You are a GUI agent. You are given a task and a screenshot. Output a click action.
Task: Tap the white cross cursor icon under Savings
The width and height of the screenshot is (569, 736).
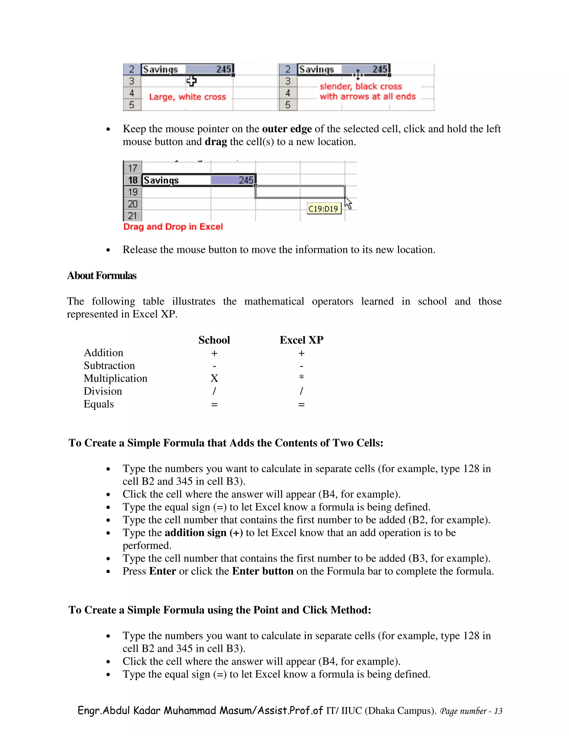[x=191, y=81]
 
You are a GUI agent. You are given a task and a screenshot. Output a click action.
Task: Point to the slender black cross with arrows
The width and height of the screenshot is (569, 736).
[x=358, y=74]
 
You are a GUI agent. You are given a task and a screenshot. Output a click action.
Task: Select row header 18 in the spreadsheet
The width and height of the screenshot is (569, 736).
[x=133, y=180]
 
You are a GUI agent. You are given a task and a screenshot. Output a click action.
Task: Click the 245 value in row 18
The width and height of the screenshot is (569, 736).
[x=245, y=180]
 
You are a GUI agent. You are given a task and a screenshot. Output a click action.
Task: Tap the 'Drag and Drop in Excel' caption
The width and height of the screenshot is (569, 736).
[x=173, y=227]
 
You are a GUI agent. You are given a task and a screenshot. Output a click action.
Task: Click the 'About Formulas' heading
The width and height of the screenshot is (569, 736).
[x=101, y=276]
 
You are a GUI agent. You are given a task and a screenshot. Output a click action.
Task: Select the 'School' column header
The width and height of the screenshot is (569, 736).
[x=214, y=340]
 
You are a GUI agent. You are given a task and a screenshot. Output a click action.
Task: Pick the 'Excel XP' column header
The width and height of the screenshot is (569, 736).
[x=301, y=340]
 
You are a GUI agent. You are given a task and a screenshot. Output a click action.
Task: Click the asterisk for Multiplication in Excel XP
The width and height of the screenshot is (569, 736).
[x=301, y=377]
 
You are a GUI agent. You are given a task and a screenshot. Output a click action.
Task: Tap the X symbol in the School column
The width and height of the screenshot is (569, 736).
[x=214, y=379]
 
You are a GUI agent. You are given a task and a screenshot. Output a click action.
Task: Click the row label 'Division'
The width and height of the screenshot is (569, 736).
[x=103, y=391]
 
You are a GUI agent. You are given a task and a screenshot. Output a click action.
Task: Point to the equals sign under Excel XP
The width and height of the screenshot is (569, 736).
[x=301, y=404]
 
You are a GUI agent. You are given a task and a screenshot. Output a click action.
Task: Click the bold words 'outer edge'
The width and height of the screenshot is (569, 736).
[x=287, y=129]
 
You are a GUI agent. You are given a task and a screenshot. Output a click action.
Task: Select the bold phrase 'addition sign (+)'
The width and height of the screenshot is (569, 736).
[x=204, y=533]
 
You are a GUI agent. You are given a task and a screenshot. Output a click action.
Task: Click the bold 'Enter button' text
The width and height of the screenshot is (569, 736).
[x=263, y=571]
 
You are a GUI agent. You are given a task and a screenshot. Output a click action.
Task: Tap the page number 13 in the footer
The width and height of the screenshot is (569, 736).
[x=498, y=711]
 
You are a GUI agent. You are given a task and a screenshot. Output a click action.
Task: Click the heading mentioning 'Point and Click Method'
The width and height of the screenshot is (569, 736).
[x=220, y=610]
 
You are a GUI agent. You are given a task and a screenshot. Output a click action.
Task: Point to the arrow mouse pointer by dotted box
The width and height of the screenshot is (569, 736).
[x=348, y=203]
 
